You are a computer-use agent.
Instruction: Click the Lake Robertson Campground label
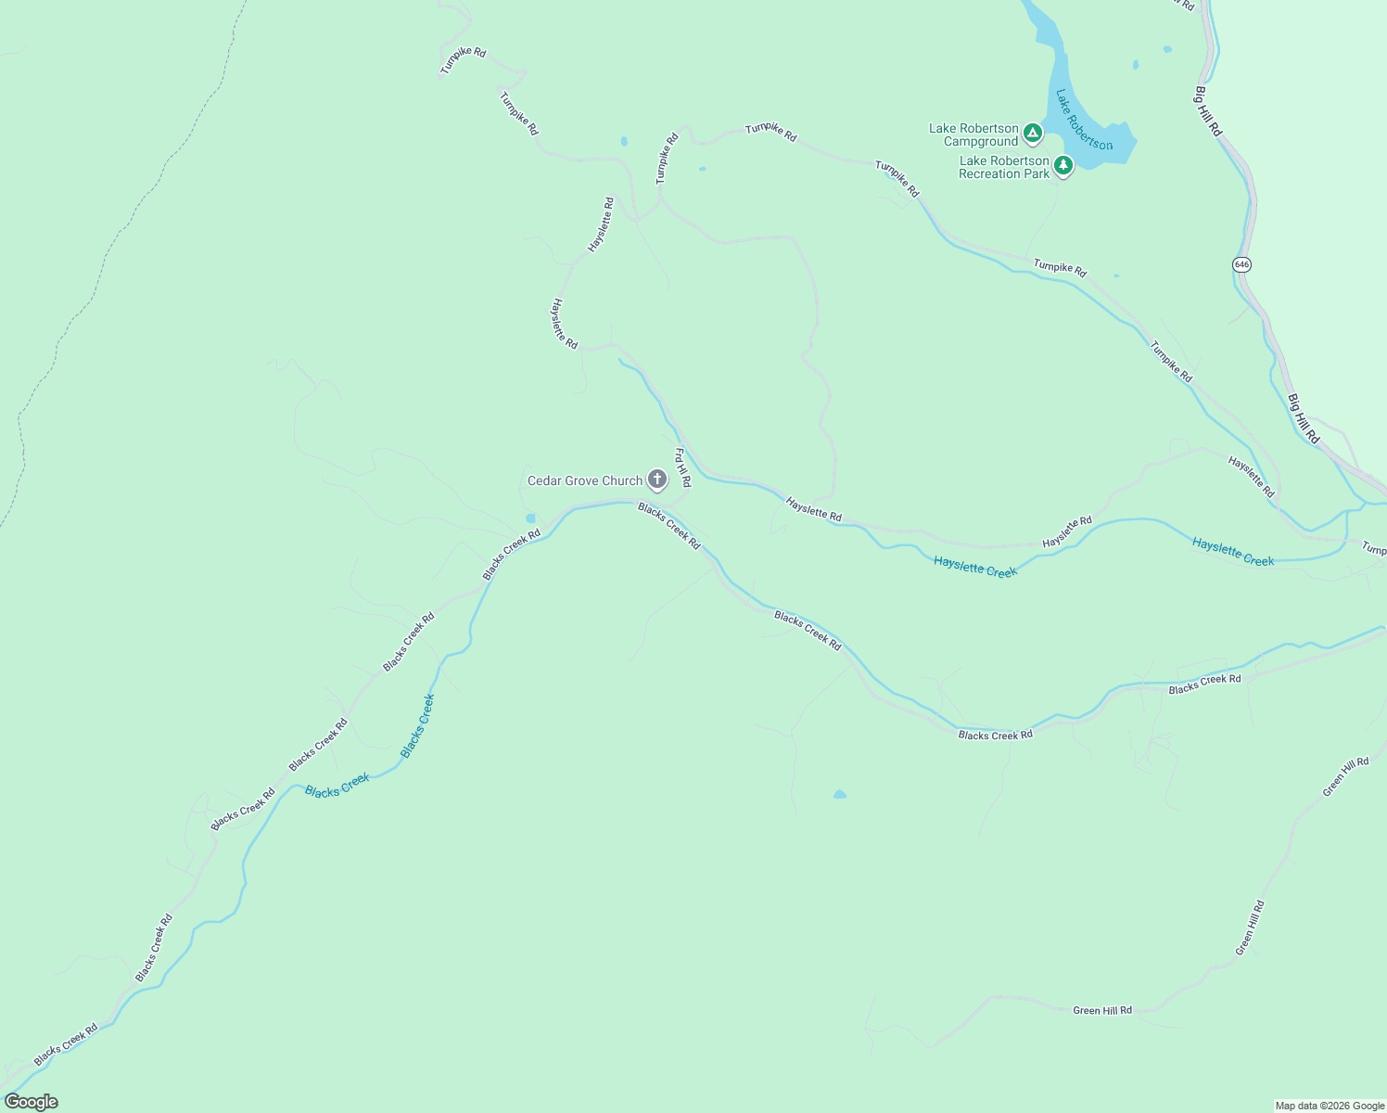[x=973, y=135]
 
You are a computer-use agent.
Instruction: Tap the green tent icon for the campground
[x=1033, y=134]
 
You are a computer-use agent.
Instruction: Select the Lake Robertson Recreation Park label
[x=1004, y=167]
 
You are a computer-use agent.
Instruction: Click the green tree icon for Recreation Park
[x=1063, y=165]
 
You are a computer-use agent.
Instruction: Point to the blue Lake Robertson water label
[x=1084, y=120]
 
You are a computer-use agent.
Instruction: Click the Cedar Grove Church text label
[x=585, y=480]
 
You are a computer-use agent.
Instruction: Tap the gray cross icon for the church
[x=657, y=480]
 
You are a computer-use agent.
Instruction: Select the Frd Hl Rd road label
[x=681, y=468]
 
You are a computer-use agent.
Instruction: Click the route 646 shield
[x=1242, y=264]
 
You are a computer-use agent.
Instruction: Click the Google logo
[x=32, y=1102]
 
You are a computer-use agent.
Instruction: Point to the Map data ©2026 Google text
[x=1330, y=1106]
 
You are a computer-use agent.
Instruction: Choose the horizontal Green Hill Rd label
[x=1102, y=1010]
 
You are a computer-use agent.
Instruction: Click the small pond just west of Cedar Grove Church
[x=530, y=518]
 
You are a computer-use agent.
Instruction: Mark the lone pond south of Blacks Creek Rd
[x=839, y=794]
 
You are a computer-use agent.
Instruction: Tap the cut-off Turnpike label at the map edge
[x=1374, y=549]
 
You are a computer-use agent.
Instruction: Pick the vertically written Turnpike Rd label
[x=667, y=158]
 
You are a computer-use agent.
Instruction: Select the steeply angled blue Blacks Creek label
[x=417, y=726]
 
